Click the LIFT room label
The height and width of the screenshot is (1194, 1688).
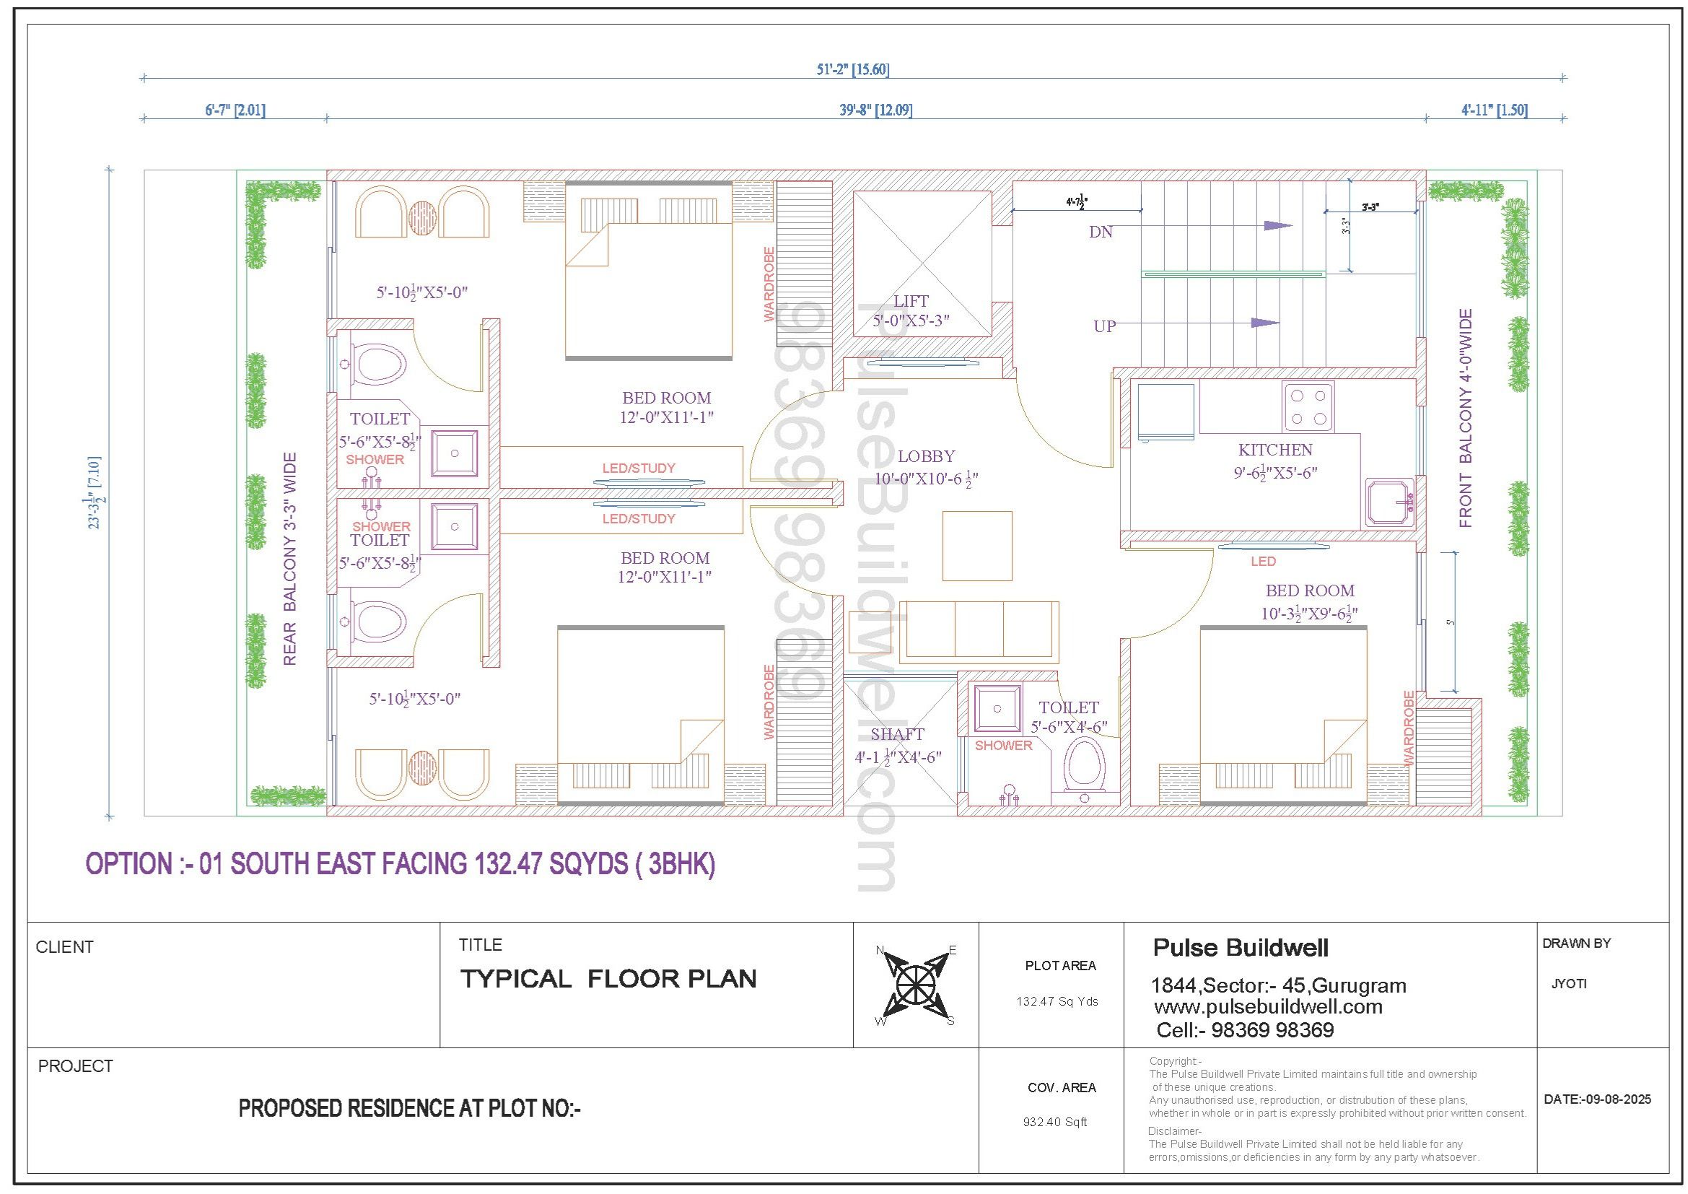[x=911, y=302]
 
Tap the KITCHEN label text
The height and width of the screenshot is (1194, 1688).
[x=1274, y=450]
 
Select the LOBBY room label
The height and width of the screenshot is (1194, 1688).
[x=927, y=456]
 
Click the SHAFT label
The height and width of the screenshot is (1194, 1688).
[x=897, y=734]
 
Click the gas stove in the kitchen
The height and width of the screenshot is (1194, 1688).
[x=1308, y=406]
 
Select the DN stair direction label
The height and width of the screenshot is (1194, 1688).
[x=1101, y=232]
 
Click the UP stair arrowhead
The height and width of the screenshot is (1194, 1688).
[x=1265, y=323]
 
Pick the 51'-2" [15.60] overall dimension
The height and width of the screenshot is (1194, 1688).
[x=853, y=70]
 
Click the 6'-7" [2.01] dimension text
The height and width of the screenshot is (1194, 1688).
[x=235, y=110]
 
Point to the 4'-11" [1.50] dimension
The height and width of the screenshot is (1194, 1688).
[x=1495, y=110]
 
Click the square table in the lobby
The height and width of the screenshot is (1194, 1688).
[x=977, y=546]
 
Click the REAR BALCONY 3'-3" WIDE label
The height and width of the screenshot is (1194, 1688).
[x=289, y=559]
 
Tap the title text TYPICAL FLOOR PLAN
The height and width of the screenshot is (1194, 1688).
[x=608, y=980]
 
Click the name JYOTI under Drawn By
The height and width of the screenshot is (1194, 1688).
[x=1569, y=984]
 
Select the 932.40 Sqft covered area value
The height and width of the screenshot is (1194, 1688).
[x=1055, y=1123]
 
